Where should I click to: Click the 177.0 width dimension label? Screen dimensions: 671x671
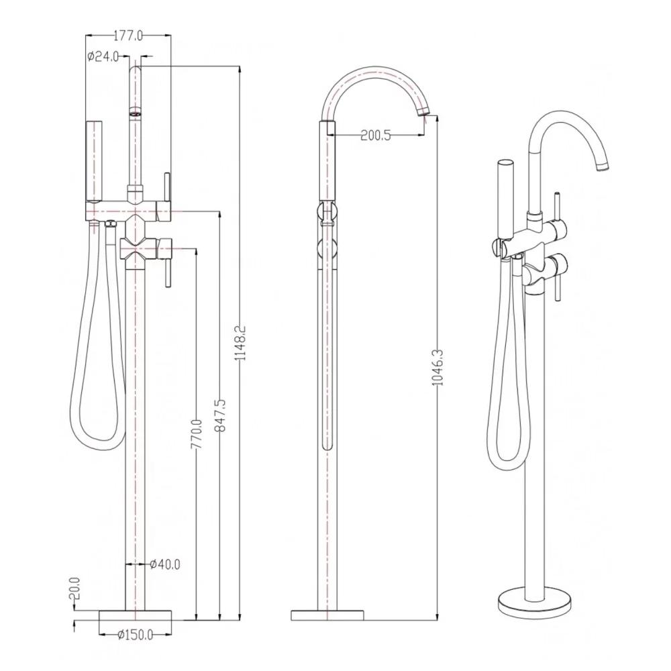(128, 36)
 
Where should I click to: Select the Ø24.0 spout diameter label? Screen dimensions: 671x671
(103, 56)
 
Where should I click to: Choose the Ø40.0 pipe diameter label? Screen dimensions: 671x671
(166, 564)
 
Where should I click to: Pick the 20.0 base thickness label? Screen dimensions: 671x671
(75, 590)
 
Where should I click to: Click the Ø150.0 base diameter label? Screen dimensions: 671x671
(136, 635)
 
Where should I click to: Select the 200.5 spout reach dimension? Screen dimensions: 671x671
(376, 136)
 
